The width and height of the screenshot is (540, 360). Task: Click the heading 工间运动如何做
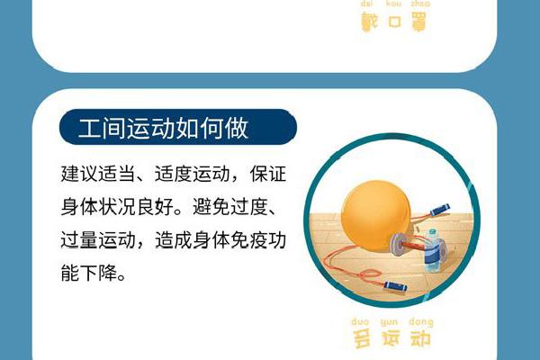[x=163, y=128]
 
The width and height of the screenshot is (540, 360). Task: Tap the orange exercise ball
[x=375, y=214]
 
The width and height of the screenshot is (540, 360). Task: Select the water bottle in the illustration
[x=432, y=250]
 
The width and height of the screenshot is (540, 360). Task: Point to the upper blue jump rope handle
[x=440, y=209]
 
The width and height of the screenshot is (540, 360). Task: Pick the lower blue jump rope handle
[x=395, y=286]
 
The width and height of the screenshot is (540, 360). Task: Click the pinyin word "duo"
[x=360, y=322]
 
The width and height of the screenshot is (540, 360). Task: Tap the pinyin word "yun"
[x=390, y=322]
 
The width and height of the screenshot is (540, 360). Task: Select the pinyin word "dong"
[x=421, y=322]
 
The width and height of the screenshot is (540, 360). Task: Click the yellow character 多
[x=362, y=338]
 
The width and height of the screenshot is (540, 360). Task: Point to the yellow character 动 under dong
[x=420, y=338]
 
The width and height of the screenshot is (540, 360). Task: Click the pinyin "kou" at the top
[x=393, y=4]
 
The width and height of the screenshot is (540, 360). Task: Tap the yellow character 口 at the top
[x=395, y=22]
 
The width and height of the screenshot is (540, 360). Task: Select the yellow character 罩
[x=418, y=22]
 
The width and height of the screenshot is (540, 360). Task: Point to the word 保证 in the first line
[x=268, y=174]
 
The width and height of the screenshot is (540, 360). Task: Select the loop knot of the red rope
[x=370, y=274]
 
